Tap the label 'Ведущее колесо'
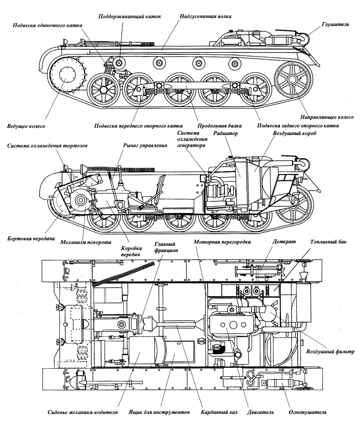point(26,126)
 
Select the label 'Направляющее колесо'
point(327,117)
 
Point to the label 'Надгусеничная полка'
point(205,16)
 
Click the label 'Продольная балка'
point(219,126)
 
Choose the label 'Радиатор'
point(226,133)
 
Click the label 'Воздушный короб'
point(295,133)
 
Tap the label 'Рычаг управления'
point(145,145)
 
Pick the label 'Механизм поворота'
point(86,242)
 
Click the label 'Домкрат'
point(284,242)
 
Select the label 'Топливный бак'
point(328,242)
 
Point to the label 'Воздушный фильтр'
point(330,351)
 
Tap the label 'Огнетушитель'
point(307,412)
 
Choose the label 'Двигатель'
point(260,412)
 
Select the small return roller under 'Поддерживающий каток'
point(119,63)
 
